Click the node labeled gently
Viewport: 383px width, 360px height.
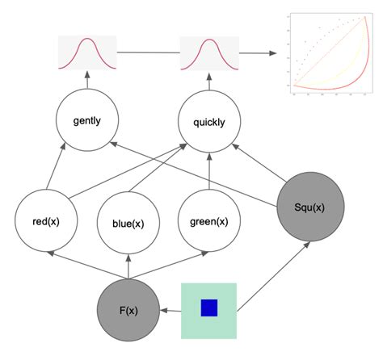(86, 122)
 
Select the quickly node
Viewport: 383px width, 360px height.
(209, 123)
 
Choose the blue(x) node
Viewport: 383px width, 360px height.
(128, 223)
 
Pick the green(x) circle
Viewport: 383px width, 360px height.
(208, 220)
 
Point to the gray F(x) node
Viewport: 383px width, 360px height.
(128, 310)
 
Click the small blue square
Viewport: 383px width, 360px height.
(209, 308)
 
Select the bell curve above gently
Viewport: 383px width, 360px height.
(87, 52)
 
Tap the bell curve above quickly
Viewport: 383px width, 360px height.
(209, 52)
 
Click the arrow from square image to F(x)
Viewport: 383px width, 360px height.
(170, 310)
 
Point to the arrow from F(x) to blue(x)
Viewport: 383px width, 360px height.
(128, 266)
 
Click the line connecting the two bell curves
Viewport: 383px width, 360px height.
(149, 52)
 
